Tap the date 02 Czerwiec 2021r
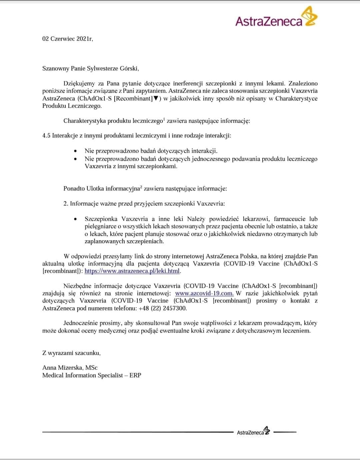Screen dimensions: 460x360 coord(68,39)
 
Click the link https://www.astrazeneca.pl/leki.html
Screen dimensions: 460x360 coord(132,271)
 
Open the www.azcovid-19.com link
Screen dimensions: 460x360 coord(204,294)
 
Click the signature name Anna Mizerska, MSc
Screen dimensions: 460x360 coord(70,368)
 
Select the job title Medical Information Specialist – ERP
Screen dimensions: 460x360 coord(92,375)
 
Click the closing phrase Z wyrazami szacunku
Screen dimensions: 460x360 coord(71,353)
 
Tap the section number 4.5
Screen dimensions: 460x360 coord(46,136)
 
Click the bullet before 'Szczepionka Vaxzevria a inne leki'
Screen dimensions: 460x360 coord(76,219)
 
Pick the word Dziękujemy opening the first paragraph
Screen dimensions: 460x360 coord(79,83)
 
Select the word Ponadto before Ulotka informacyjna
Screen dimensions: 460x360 coord(74,188)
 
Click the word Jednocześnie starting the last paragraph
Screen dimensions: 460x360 coord(80,323)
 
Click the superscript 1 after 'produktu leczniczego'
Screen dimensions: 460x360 coord(164,119)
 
